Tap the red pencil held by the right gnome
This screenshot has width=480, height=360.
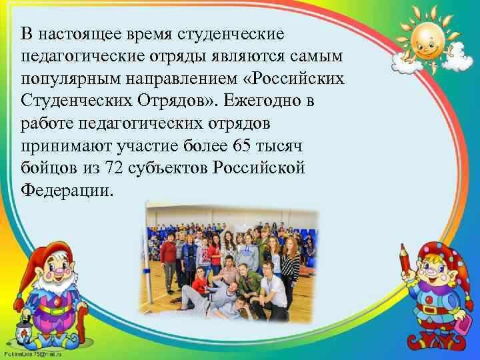coord(403,263)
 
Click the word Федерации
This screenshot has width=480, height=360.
coord(67,191)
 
